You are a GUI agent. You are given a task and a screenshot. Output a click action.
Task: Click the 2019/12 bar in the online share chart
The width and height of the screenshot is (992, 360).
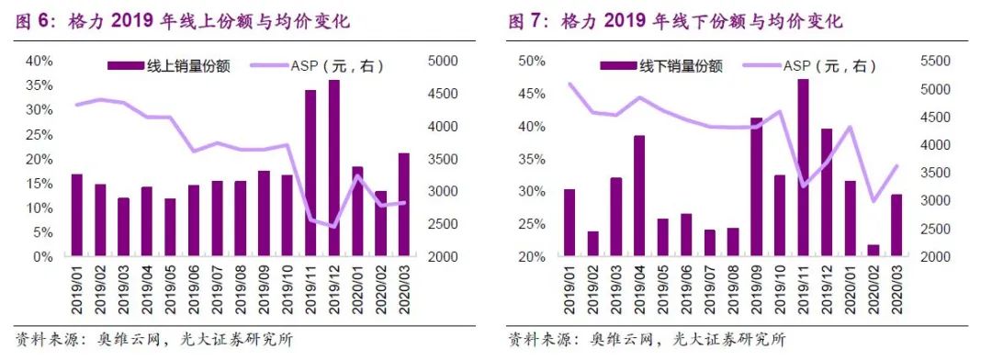tap(334, 168)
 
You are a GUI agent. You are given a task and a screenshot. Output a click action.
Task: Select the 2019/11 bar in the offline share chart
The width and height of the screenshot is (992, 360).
tap(803, 168)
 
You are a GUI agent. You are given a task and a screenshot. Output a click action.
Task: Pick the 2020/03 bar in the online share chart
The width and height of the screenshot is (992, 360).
tap(404, 204)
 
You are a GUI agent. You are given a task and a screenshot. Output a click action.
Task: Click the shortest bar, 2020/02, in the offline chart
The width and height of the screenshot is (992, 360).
tap(873, 251)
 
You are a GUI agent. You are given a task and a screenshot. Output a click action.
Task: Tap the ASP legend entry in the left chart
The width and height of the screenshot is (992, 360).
tap(325, 65)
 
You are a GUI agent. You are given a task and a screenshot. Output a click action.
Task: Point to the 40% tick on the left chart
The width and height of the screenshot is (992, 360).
tap(39, 61)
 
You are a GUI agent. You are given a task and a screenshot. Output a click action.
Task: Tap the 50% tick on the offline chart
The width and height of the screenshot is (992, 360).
tap(533, 61)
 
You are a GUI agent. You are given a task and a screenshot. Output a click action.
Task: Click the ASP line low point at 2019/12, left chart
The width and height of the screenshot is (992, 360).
tap(333, 226)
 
